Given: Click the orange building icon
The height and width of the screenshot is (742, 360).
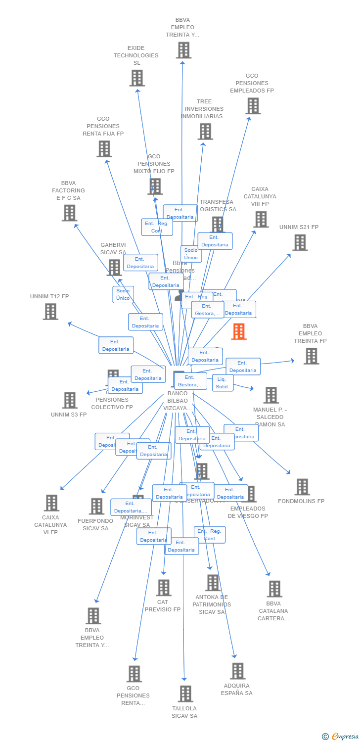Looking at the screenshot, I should [x=239, y=331].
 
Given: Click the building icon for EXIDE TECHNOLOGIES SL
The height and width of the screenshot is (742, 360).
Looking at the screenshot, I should [x=137, y=78].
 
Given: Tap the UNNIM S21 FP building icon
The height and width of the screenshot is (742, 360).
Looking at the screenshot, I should [x=300, y=243].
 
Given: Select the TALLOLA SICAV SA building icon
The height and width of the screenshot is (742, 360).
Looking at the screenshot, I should [x=185, y=694].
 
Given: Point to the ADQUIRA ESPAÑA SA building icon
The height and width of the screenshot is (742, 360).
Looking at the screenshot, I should [x=237, y=671].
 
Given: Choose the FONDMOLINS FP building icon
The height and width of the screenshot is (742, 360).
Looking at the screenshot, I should [x=302, y=487].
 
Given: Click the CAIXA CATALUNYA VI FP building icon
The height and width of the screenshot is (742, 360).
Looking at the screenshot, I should [x=51, y=503].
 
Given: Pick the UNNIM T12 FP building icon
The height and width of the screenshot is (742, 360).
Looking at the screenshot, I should [x=50, y=312].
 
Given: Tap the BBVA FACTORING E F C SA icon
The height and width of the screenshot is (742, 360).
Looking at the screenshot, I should [x=69, y=213].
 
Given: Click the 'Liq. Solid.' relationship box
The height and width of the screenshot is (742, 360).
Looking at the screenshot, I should [x=223, y=383].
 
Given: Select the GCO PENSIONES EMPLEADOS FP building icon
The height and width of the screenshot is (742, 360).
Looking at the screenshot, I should [x=253, y=106].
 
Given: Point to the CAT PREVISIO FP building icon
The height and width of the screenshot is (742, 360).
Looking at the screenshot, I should [x=163, y=588].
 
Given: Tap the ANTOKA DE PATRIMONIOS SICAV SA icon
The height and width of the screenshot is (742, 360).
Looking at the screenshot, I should [x=213, y=583].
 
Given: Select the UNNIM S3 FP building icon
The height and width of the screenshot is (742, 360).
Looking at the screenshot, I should [x=70, y=400].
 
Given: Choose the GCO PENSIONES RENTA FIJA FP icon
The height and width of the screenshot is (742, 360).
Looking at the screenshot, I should [x=104, y=149].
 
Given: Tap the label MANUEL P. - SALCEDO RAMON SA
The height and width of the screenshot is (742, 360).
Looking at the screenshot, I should [x=270, y=417].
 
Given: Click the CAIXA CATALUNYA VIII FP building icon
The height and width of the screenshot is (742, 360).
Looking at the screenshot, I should [x=261, y=219].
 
